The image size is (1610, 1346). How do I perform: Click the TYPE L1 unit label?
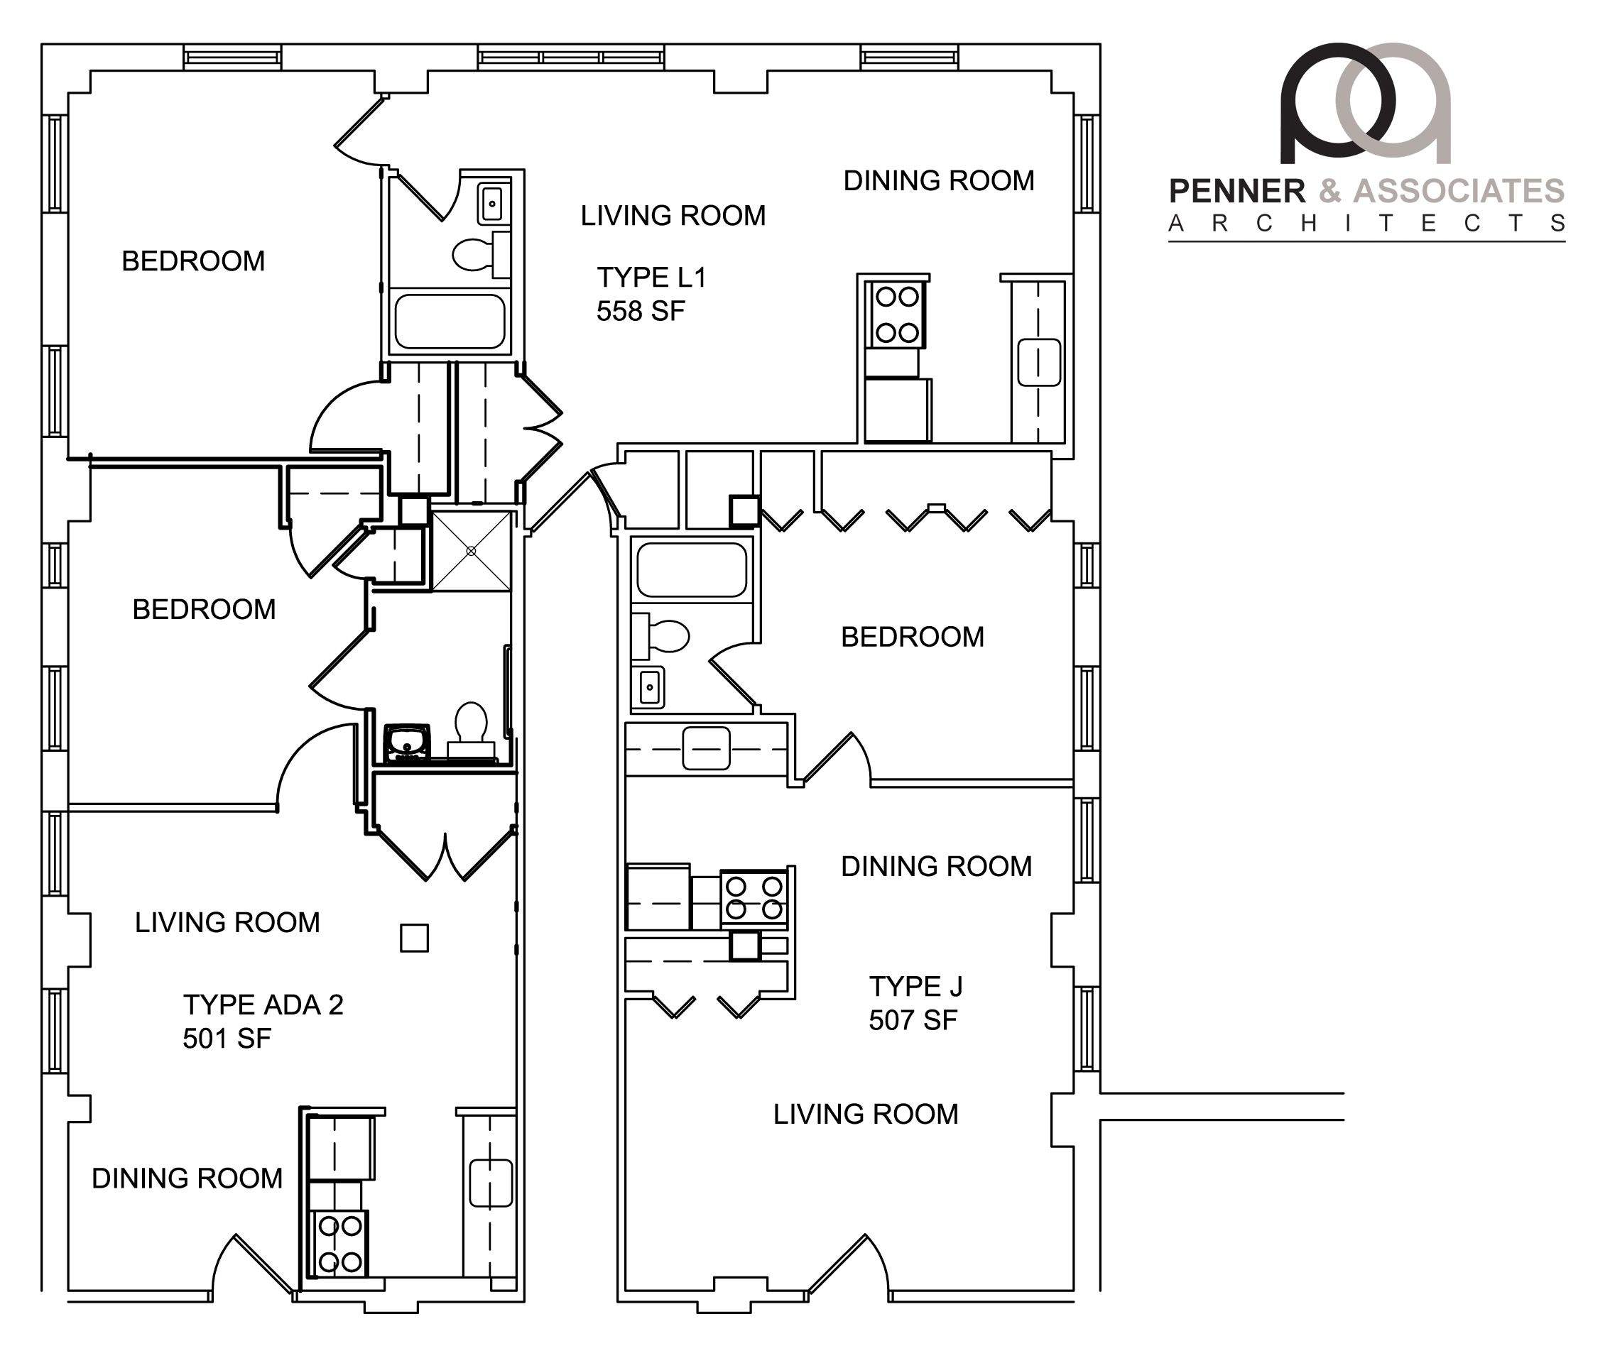(x=652, y=277)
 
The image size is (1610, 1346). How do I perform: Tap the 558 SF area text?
(x=641, y=310)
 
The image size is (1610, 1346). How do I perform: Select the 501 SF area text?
(x=227, y=1039)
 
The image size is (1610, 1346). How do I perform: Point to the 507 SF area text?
(x=913, y=1020)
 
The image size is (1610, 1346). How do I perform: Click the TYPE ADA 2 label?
(x=263, y=1005)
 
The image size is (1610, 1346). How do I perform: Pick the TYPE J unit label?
(x=915, y=987)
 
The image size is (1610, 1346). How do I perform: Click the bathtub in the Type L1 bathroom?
(x=450, y=320)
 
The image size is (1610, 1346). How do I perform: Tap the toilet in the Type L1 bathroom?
(x=482, y=254)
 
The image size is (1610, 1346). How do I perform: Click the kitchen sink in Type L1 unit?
(x=1039, y=362)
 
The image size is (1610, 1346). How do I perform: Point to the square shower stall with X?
(x=472, y=551)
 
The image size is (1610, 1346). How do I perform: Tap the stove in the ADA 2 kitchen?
(x=340, y=1243)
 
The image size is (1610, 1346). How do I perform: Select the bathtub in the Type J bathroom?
(x=692, y=569)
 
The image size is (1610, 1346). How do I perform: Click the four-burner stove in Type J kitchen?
(x=754, y=897)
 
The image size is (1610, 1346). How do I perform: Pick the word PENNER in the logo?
(x=1236, y=191)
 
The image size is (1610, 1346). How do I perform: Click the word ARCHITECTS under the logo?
(x=1366, y=223)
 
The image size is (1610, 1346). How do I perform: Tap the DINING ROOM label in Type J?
(x=936, y=866)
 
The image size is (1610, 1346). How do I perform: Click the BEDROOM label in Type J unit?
(x=913, y=637)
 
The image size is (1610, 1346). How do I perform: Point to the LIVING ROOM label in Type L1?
(x=673, y=215)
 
